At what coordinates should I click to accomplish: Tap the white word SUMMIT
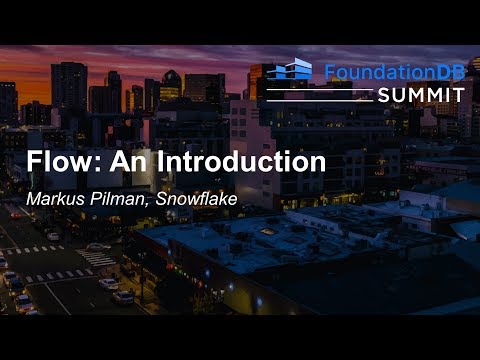[x=421, y=94]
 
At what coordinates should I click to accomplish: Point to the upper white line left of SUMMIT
[x=319, y=88]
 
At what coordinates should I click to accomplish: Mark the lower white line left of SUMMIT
[x=319, y=98]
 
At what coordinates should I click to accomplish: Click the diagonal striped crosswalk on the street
[x=95, y=258]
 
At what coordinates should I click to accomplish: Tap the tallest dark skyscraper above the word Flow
[x=69, y=90]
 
